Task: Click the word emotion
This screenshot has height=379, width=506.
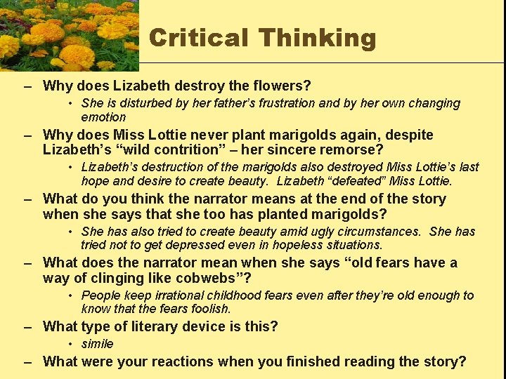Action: pos(103,117)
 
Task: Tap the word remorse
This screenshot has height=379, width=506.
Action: pos(349,149)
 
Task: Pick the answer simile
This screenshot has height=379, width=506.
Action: pos(97,344)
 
